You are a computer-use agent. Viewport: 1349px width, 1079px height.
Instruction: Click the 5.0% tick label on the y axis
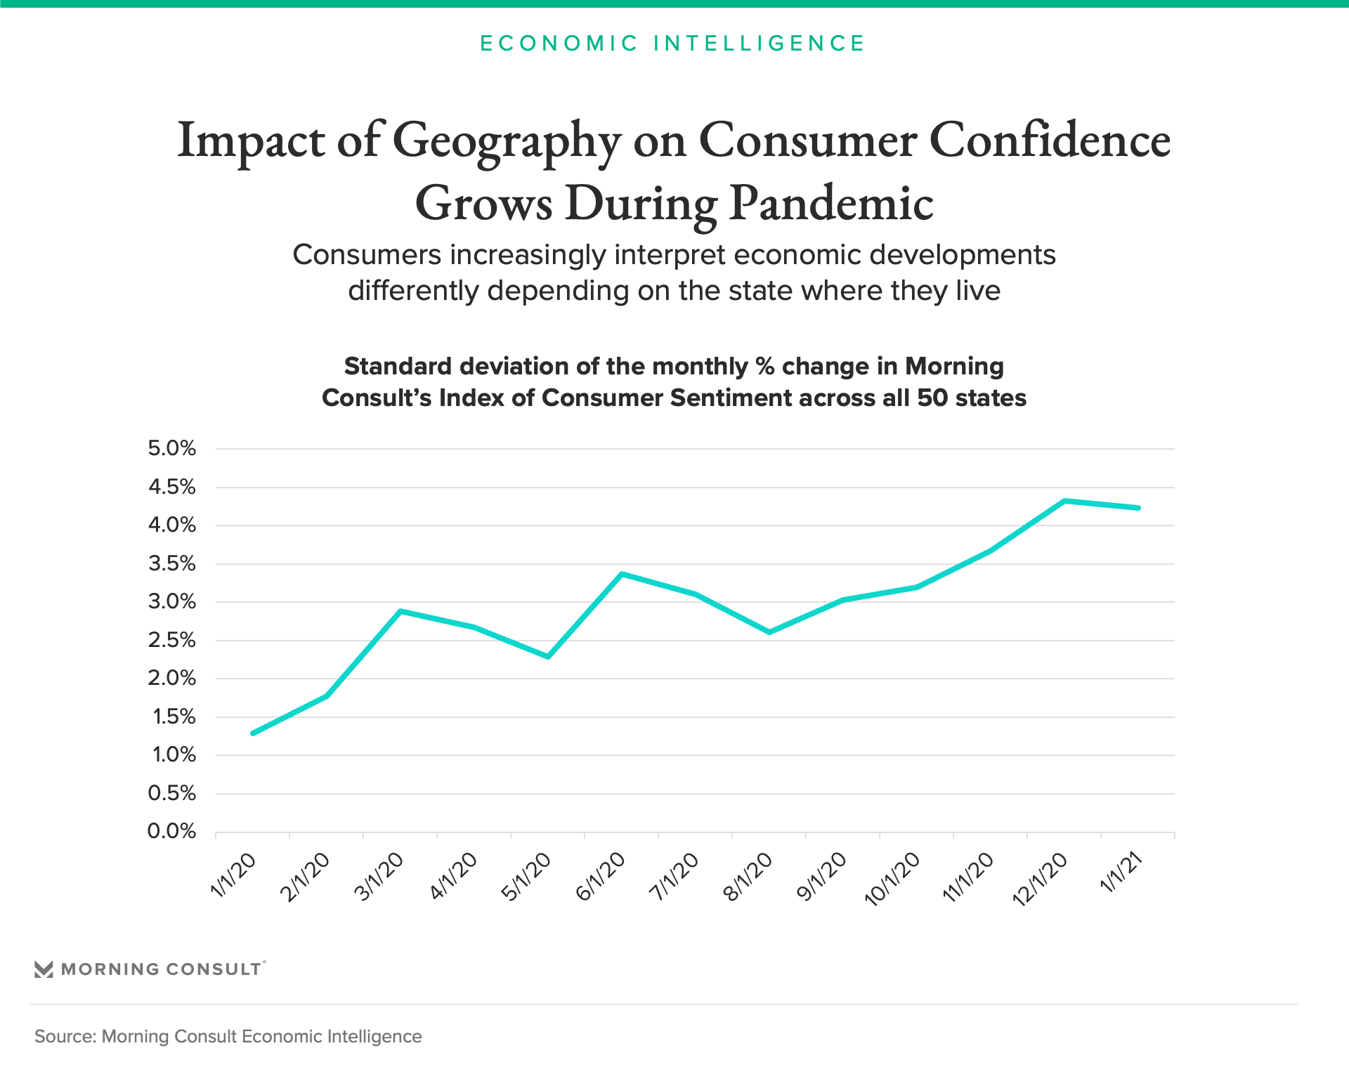(171, 448)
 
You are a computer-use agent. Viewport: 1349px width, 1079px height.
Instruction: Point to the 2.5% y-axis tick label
(171, 640)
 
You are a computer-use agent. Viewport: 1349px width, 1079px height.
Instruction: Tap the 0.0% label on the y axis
(171, 831)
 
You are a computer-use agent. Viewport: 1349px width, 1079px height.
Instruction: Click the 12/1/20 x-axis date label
(1040, 879)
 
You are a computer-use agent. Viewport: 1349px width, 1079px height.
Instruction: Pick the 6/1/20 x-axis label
(600, 876)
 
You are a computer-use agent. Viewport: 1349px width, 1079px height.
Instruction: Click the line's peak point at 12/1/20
(1064, 501)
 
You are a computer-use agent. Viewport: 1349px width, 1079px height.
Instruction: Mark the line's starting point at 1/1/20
(253, 733)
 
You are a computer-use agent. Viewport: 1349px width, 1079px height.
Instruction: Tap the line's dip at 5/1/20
(548, 657)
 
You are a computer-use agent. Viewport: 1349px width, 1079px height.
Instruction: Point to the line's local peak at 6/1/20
(622, 574)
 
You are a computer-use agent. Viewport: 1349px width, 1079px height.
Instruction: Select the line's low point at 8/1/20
(769, 632)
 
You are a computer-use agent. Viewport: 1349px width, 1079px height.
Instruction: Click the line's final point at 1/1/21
(1138, 508)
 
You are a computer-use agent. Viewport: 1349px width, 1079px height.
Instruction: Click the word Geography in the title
(506, 140)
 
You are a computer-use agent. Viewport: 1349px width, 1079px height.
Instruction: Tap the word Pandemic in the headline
(831, 204)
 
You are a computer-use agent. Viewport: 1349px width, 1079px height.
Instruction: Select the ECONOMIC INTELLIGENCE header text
(673, 44)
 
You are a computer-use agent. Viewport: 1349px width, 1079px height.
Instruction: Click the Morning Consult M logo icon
(44, 969)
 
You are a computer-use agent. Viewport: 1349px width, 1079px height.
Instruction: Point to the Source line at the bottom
(228, 1036)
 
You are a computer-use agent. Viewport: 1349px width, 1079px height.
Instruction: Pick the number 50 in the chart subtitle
(932, 398)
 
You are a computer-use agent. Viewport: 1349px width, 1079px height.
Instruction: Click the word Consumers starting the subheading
(367, 255)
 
